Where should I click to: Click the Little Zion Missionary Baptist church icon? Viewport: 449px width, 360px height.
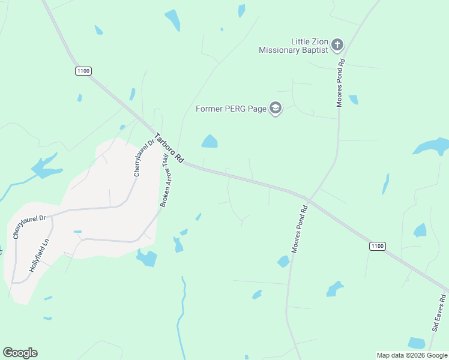pos(337,44)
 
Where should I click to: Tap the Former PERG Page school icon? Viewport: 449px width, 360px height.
pos(276,109)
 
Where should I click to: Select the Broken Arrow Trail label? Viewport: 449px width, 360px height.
pos(163,181)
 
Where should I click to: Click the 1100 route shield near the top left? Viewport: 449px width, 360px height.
pos(83,71)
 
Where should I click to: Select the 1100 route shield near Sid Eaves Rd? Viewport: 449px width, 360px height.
pos(377,246)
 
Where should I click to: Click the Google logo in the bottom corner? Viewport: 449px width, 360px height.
pos(20,353)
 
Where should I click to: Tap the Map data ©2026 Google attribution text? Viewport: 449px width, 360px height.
pos(412,355)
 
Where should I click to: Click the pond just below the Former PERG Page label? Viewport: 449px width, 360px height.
pos(209,142)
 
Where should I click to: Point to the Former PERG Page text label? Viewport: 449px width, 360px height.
pos(231,109)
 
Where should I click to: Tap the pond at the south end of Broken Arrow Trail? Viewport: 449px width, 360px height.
pos(147,258)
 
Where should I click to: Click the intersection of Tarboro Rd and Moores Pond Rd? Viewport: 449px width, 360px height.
pos(307,198)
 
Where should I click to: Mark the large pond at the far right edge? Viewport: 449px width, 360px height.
pos(433,146)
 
